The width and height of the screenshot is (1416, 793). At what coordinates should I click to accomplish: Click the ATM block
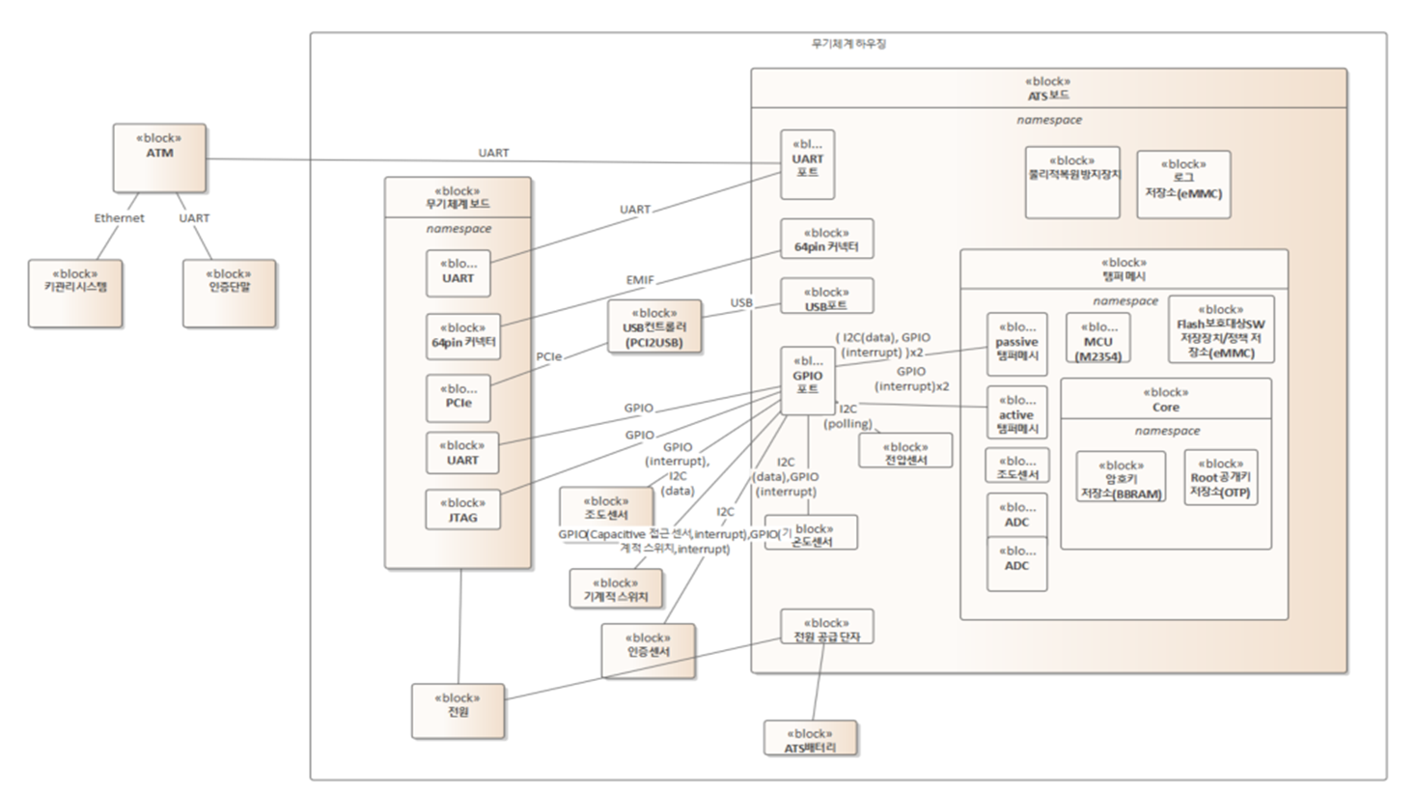click(x=159, y=157)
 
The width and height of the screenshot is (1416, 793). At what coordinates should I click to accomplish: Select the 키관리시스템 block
click(x=75, y=293)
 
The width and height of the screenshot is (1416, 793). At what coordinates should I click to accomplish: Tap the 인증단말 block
click(x=229, y=293)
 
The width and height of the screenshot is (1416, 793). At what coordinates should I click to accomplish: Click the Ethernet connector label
click(x=119, y=218)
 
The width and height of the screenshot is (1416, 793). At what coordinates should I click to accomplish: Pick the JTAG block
click(x=462, y=510)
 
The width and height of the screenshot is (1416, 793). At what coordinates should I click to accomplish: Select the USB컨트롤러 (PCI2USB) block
click(x=654, y=327)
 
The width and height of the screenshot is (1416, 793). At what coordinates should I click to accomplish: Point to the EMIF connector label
click(x=640, y=280)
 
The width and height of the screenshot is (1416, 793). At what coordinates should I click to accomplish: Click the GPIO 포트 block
click(x=807, y=381)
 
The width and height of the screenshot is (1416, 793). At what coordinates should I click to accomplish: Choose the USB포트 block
click(x=826, y=297)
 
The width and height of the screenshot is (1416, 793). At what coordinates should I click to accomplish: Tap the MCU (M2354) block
click(x=1097, y=338)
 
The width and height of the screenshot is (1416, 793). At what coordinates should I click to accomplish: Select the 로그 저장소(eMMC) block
click(x=1183, y=184)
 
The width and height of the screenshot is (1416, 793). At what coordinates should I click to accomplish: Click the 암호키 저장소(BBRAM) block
click(x=1121, y=477)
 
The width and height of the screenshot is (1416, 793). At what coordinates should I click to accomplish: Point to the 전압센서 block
click(x=905, y=451)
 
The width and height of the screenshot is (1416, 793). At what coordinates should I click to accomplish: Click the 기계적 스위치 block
click(x=616, y=588)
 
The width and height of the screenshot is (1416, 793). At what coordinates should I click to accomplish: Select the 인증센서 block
click(x=648, y=650)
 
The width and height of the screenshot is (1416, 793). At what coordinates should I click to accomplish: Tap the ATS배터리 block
click(x=810, y=739)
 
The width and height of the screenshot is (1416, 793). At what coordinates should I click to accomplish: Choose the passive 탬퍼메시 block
click(x=1016, y=344)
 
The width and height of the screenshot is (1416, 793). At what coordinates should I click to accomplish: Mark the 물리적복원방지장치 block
click(x=1072, y=183)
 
